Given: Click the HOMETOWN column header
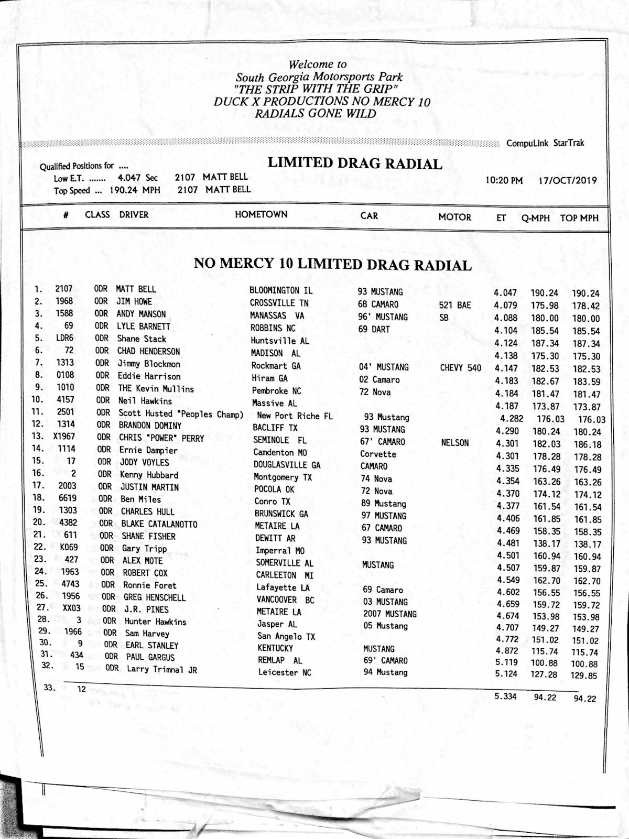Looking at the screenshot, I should point(261,214).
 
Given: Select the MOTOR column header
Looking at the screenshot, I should point(454,217).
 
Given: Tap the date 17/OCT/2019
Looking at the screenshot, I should point(568,180).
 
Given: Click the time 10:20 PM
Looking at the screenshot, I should point(504,180).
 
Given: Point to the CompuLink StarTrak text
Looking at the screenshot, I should point(545,143).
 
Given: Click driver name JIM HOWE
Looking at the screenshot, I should point(134,301).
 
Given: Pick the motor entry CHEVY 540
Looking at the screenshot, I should point(460,368).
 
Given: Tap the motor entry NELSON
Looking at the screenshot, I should point(455,443).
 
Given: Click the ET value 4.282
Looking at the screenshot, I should point(511,418).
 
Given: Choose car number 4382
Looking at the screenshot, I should point(68,522).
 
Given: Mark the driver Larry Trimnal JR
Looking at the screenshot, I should point(162,669).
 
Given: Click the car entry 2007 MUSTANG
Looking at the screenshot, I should point(389,614).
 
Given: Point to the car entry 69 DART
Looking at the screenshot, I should point(374,329).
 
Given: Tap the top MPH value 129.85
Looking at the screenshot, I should point(583,675).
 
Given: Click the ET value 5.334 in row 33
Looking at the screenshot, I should point(505,696).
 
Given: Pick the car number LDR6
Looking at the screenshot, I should point(64,338).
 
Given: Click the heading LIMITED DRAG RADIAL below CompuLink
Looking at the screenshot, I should point(355,164).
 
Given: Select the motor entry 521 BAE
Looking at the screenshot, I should point(454,305).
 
